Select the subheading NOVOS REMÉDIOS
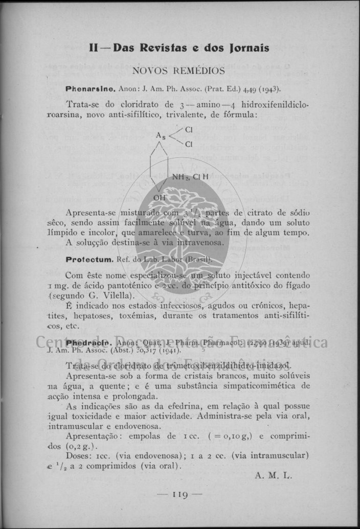(178, 71)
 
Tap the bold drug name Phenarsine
(91, 88)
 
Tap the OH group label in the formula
(160, 197)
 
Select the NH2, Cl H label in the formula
(190, 177)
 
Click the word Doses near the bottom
(78, 455)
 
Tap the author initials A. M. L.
(273, 475)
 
